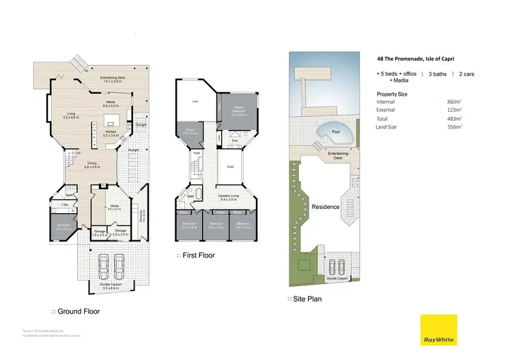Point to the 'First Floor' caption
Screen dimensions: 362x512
[x=198, y=255]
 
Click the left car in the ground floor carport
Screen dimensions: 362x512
[x=103, y=264]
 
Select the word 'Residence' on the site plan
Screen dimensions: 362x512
[x=326, y=207]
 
